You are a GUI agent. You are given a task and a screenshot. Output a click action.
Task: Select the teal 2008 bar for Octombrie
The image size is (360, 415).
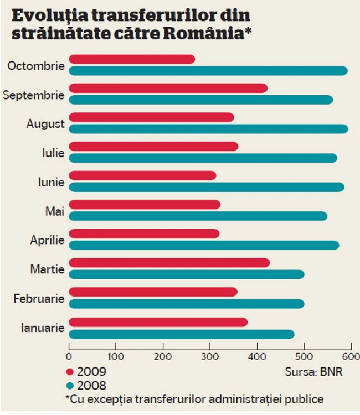click(x=208, y=71)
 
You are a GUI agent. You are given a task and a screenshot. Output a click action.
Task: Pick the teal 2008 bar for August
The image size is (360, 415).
click(x=208, y=129)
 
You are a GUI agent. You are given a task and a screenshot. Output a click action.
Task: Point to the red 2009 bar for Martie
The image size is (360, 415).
click(x=169, y=263)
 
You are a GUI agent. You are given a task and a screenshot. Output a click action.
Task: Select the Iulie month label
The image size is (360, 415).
click(x=54, y=153)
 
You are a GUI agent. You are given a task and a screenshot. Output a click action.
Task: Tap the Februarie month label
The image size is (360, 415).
click(x=39, y=299)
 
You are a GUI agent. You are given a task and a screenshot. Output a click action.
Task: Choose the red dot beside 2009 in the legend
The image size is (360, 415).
click(x=70, y=372)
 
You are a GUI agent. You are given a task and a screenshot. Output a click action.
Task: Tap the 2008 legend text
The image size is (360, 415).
click(x=92, y=385)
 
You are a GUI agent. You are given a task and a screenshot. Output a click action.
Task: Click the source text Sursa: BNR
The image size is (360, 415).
click(x=314, y=372)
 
